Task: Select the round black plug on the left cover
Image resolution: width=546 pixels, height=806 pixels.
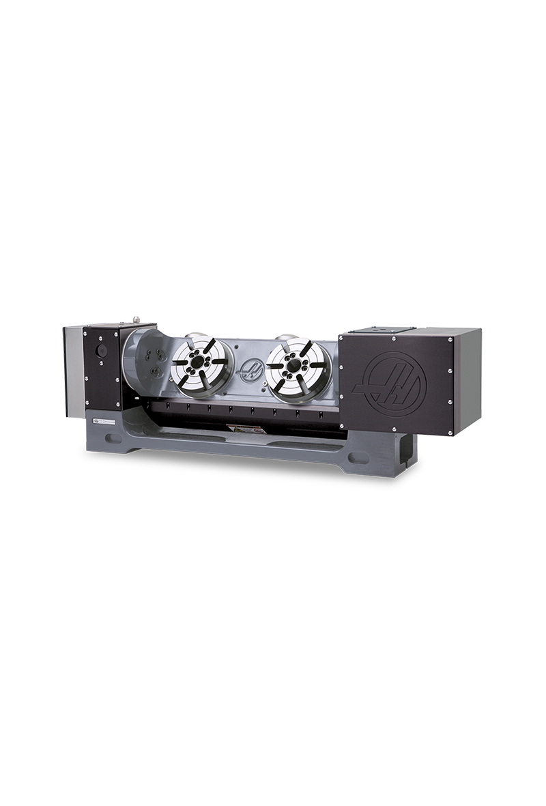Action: point(101,351)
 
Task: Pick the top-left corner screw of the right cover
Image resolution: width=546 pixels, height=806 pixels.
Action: point(342,337)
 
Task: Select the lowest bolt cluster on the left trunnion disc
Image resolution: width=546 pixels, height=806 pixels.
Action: point(156,371)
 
